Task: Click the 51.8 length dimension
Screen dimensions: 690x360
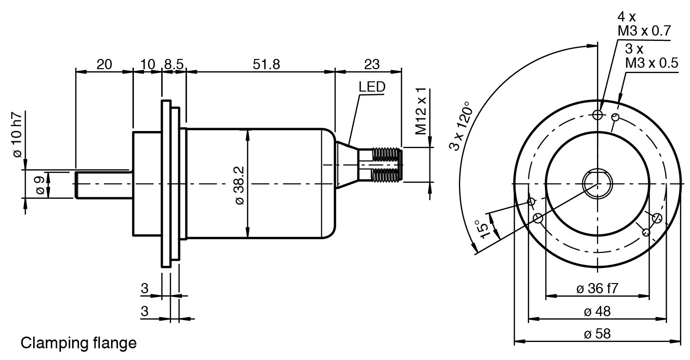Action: coord(266,64)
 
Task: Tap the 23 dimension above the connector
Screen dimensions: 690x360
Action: coord(372,64)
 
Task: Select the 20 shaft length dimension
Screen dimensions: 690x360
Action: coord(104,64)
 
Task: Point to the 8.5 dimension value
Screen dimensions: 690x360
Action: coord(174,64)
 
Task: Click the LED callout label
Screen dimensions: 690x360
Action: coord(372,87)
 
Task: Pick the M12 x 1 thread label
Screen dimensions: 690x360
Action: coord(421,111)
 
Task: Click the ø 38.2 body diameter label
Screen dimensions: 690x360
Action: coord(240,185)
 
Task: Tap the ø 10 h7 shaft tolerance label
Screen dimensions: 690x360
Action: coord(18,134)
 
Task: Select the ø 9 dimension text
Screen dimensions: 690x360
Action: coord(40,185)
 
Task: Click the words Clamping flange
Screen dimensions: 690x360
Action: coord(78,343)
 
